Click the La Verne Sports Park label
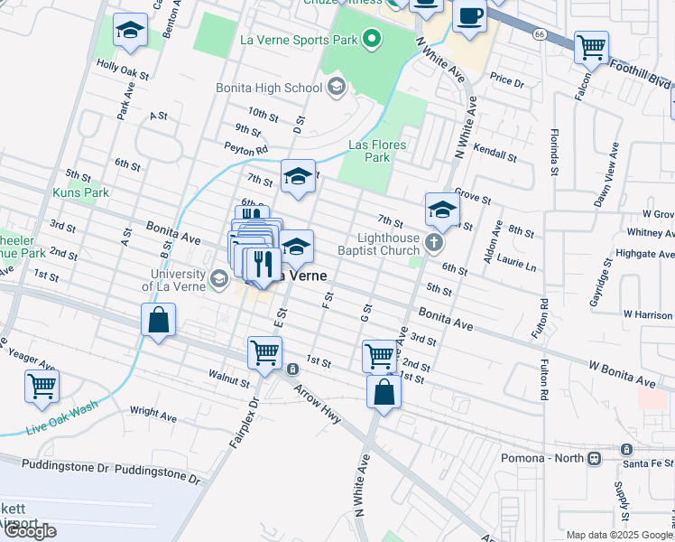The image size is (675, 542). pos(299,39)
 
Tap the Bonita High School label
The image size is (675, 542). pos(268,88)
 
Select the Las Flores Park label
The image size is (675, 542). pos(377,151)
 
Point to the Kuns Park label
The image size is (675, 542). pos(80,192)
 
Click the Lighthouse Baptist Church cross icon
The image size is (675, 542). pos(435,242)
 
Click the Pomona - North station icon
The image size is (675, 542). pos(594,458)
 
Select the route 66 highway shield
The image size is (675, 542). pos(540,33)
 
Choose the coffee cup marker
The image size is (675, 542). pos(468,16)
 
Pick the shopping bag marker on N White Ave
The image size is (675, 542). pos(384,393)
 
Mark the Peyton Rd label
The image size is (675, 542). pos(246,149)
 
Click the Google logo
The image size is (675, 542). pos(30,530)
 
